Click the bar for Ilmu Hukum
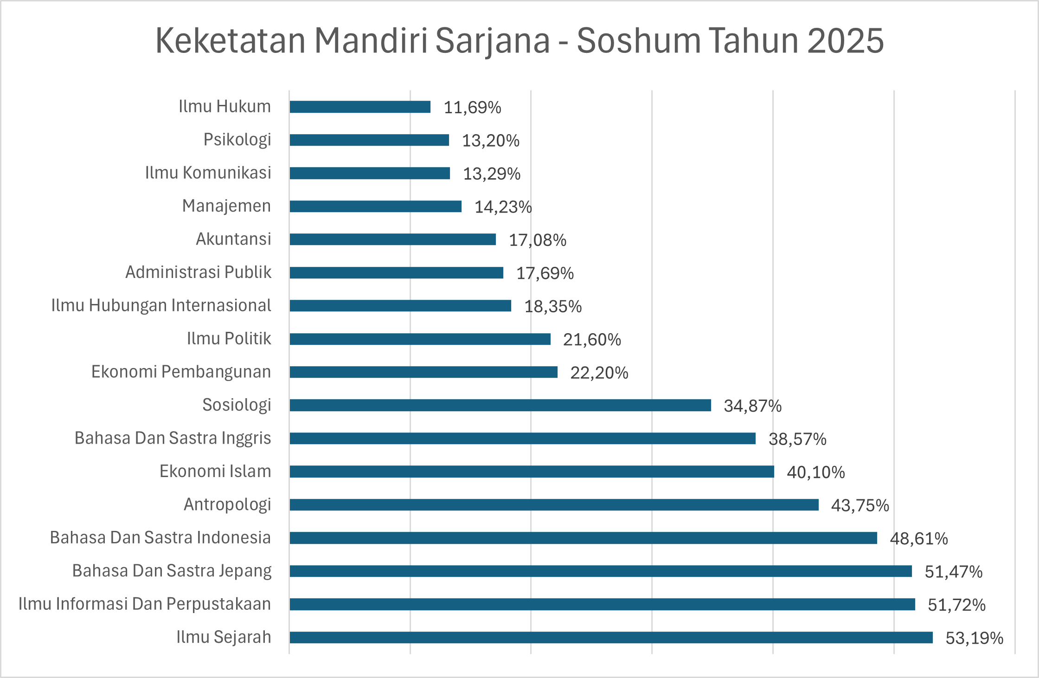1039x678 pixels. click(x=360, y=107)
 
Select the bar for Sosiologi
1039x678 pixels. click(x=500, y=405)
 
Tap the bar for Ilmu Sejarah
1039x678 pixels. click(x=611, y=637)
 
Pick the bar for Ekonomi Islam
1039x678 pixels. click(x=532, y=471)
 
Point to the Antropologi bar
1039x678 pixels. click(x=554, y=504)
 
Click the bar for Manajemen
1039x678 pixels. click(x=375, y=206)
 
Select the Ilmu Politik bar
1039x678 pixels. click(x=420, y=339)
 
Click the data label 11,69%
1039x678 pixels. click(x=472, y=108)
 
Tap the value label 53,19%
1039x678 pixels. click(x=974, y=638)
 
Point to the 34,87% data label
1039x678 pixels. click(x=752, y=406)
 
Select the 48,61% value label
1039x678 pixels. click(x=918, y=539)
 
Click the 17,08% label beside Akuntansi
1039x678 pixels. click(x=537, y=240)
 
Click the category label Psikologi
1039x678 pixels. click(x=237, y=140)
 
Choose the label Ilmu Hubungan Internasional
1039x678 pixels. click(x=161, y=305)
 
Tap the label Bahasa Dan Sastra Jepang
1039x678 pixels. click(x=172, y=571)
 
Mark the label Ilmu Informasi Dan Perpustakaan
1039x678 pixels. click(x=145, y=604)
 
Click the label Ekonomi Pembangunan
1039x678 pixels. click(x=181, y=372)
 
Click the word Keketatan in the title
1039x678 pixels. click(x=230, y=41)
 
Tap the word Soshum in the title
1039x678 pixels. click(x=638, y=41)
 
